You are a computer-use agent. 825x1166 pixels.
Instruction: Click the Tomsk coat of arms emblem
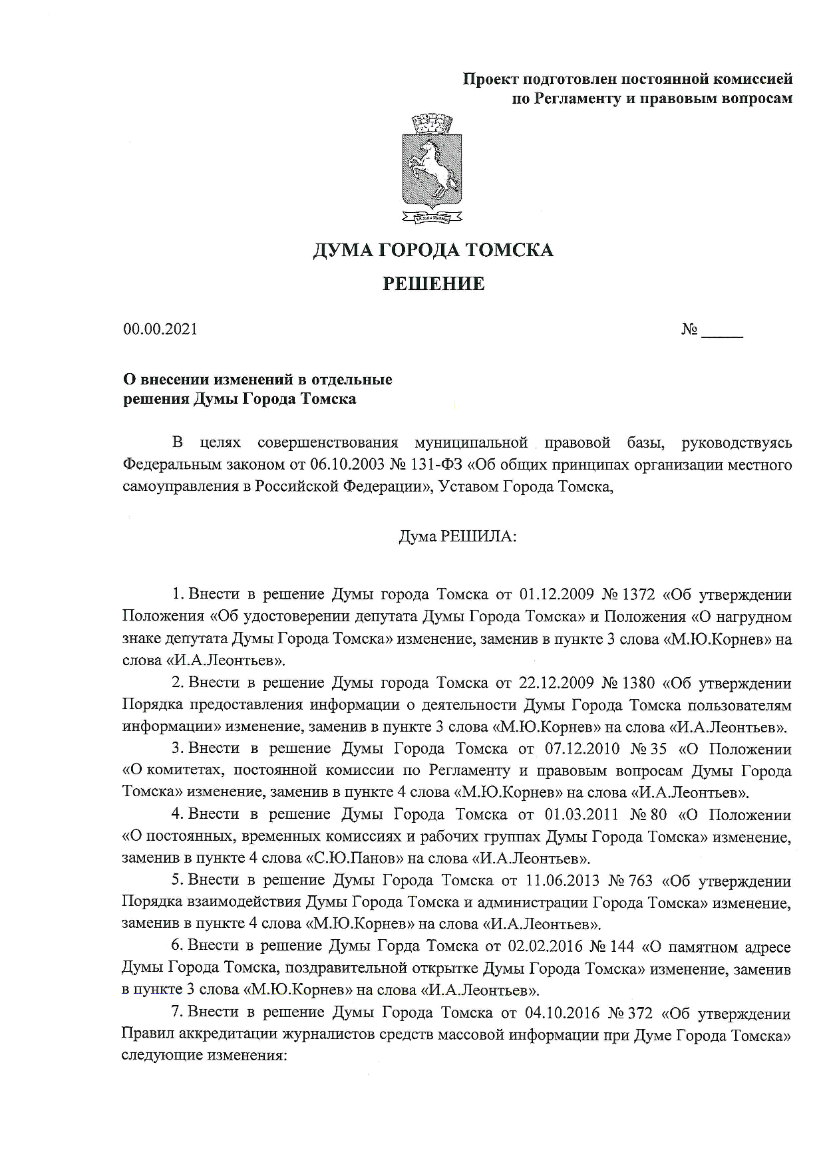pyautogui.click(x=432, y=170)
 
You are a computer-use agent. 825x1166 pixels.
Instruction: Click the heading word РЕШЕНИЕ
pyautogui.click(x=433, y=285)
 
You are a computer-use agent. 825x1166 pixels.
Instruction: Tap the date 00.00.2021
pyautogui.click(x=160, y=329)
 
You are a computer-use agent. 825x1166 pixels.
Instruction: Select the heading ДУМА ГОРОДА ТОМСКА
pyautogui.click(x=433, y=251)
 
